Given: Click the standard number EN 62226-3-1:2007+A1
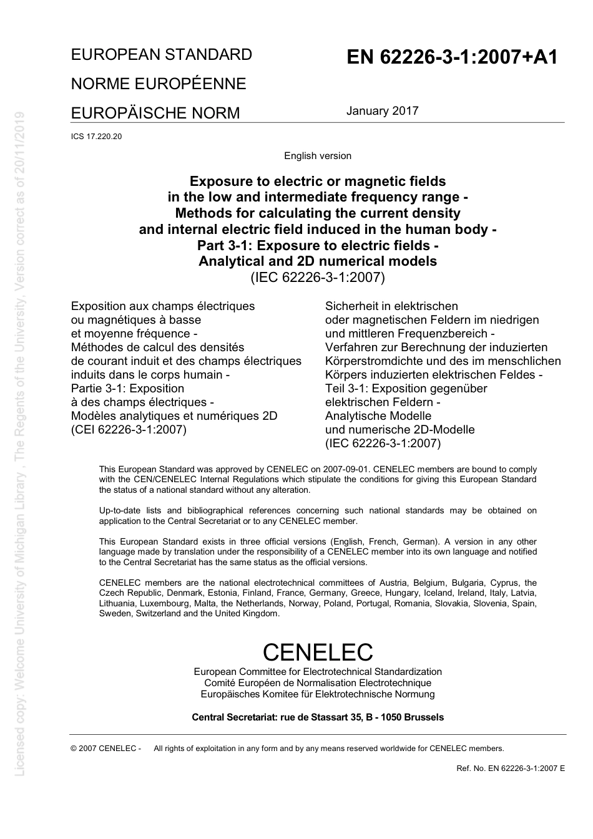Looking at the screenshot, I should coord(452,57).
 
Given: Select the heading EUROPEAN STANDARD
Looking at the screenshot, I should coord(162,55).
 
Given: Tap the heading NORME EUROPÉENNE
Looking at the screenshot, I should coord(159,84).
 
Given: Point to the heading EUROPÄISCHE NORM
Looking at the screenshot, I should coord(155,114).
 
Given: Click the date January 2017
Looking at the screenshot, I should coord(382,111).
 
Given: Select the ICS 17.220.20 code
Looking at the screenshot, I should coord(96,137).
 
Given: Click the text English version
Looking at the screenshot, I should coord(318,156).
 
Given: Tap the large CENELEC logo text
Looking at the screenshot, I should coord(318,652).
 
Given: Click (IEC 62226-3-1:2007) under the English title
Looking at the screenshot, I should coord(318,278).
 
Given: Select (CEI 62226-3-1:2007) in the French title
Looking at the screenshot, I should coord(129,430).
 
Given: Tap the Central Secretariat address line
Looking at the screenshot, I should coord(318,717).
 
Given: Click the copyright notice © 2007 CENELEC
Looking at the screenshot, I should coord(106,749).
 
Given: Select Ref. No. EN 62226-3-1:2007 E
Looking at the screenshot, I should coord(511,769).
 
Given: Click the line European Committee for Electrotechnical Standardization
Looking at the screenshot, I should coord(318,672).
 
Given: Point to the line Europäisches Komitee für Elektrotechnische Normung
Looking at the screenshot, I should coord(318,694).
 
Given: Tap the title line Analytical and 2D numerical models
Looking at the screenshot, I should coord(318,261).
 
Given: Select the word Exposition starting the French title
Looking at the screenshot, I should coord(99,306).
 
